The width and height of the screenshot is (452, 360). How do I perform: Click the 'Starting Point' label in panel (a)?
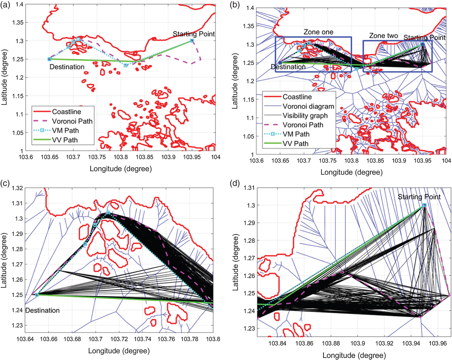point(193,34)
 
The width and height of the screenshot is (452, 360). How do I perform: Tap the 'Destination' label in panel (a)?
point(67,67)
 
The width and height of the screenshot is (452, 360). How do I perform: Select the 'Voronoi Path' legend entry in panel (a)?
point(72,121)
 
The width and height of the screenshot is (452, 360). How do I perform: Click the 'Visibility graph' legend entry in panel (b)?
point(305,116)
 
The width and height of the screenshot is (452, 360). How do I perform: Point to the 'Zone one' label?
point(318,32)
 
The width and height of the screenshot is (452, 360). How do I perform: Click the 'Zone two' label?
point(384,36)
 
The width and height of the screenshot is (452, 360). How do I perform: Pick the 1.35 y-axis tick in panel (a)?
point(18,23)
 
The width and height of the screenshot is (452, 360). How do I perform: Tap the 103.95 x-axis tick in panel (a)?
point(192,157)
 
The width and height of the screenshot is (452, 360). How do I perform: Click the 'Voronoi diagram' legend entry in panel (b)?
point(308,106)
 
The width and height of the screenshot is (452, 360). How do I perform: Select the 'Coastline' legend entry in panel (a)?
point(67,112)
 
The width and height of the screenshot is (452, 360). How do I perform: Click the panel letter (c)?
point(5,184)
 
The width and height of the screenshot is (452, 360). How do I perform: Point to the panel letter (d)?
point(235,184)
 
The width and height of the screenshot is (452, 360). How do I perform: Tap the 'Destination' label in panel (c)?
point(42,311)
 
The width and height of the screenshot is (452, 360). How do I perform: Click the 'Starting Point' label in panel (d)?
point(419,197)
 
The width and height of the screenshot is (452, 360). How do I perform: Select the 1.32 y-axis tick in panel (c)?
point(17,188)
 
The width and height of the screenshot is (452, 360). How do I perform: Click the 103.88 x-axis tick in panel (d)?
point(331,343)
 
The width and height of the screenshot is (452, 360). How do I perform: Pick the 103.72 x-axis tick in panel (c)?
point(119,339)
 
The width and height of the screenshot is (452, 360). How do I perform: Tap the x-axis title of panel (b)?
point(351,172)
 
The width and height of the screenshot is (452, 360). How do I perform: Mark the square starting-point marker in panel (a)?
point(192,41)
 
